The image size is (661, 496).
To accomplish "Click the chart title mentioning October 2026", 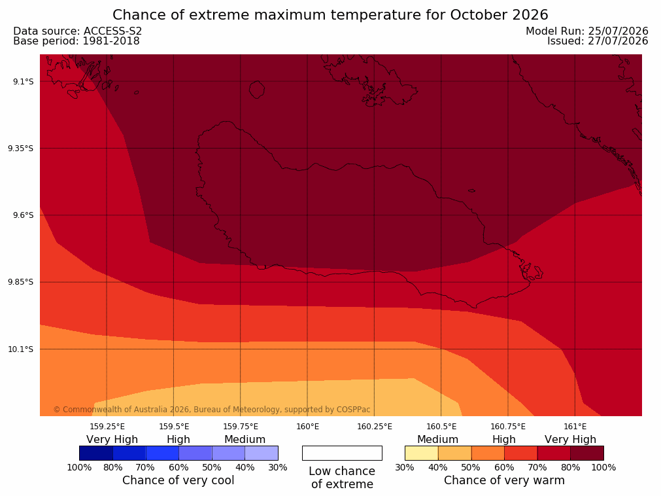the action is pyautogui.click(x=330, y=15).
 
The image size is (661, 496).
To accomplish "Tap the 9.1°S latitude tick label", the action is pyautogui.click(x=23, y=81).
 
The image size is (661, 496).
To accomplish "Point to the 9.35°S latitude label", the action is pyautogui.click(x=21, y=149).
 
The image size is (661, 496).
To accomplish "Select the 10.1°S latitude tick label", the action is pyautogui.click(x=21, y=349).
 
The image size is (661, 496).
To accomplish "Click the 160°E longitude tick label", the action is pyautogui.click(x=308, y=427).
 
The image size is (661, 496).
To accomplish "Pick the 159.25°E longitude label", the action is pyautogui.click(x=107, y=427).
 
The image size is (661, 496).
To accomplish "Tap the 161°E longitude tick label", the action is pyautogui.click(x=575, y=427).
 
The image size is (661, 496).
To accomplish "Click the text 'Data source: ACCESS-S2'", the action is pyautogui.click(x=78, y=31).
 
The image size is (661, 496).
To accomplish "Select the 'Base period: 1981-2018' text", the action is pyautogui.click(x=76, y=41).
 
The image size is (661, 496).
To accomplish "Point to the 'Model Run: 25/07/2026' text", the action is pyautogui.click(x=587, y=31).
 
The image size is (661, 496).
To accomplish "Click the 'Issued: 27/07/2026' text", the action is pyautogui.click(x=598, y=41).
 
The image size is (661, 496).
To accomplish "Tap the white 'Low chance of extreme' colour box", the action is pyautogui.click(x=343, y=453).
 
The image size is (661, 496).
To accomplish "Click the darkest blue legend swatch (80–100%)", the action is pyautogui.click(x=96, y=453).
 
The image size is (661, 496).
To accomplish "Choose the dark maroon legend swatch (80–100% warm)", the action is pyautogui.click(x=587, y=453).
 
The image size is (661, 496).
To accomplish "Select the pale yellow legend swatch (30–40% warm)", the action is pyautogui.click(x=422, y=453).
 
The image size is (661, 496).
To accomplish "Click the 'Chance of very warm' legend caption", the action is pyautogui.click(x=504, y=480).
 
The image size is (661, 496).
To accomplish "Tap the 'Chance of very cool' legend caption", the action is pyautogui.click(x=178, y=480).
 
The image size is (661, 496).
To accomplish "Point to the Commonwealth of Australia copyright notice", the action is pyautogui.click(x=212, y=410).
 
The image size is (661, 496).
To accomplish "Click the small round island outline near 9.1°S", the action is pyautogui.click(x=257, y=90).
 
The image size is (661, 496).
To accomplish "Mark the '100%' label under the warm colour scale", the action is pyautogui.click(x=603, y=467).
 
